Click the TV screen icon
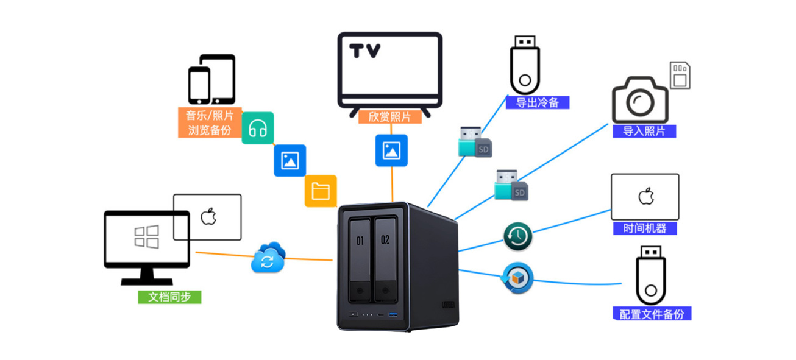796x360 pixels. pyautogui.click(x=389, y=70)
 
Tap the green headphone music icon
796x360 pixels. pyautogui.click(x=258, y=128)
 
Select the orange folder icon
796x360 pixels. pyautogui.click(x=321, y=191)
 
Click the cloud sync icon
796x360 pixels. pyautogui.click(x=268, y=258)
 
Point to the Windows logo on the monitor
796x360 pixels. pyautogui.click(x=146, y=237)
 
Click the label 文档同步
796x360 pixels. pyautogui.click(x=169, y=297)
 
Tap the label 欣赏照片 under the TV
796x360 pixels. pyautogui.click(x=389, y=116)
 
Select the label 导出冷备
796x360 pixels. pyautogui.click(x=537, y=102)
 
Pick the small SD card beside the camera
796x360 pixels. pyautogui.click(x=679, y=75)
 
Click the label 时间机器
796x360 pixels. pyautogui.click(x=645, y=228)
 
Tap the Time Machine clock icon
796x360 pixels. pyautogui.click(x=518, y=236)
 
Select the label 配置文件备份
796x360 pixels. pyautogui.click(x=652, y=314)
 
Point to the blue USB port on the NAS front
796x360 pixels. pyautogui.click(x=393, y=315)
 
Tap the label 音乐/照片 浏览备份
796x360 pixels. pyautogui.click(x=210, y=122)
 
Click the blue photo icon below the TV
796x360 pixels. pyautogui.click(x=391, y=150)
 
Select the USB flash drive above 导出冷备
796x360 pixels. pyautogui.click(x=525, y=64)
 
